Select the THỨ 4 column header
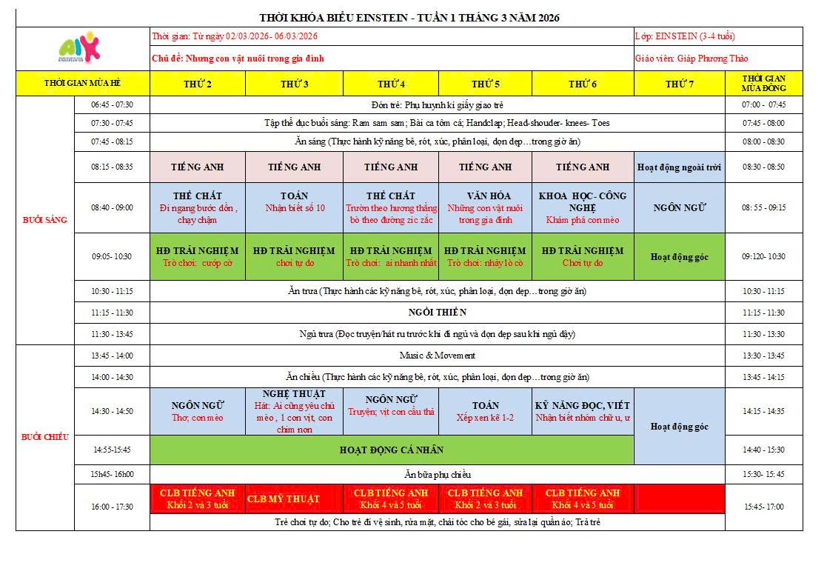click(x=391, y=84)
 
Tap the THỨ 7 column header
click(x=679, y=84)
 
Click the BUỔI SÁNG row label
click(x=45, y=219)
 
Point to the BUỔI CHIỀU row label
click(x=45, y=437)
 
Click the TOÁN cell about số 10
click(x=294, y=202)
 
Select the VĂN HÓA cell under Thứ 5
click(x=485, y=207)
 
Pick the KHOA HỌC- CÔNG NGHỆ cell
click(x=582, y=207)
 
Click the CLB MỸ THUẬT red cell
click(x=294, y=498)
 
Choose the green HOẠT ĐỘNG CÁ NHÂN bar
click(x=392, y=450)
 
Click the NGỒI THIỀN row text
click(x=437, y=313)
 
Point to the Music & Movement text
click(x=437, y=356)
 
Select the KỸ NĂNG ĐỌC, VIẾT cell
click(x=582, y=411)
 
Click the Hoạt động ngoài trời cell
click(x=679, y=167)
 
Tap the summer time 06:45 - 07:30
click(x=113, y=104)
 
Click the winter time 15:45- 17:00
click(x=764, y=507)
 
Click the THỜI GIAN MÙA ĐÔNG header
click(x=764, y=83)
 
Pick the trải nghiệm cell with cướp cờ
click(x=198, y=256)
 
